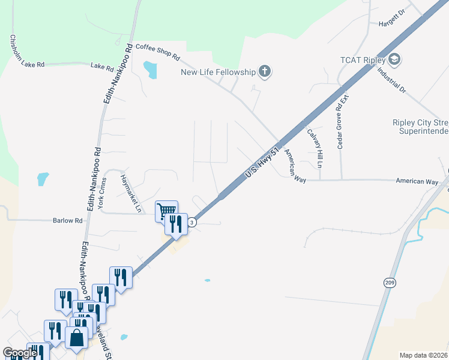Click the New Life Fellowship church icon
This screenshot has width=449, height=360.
click(265, 73)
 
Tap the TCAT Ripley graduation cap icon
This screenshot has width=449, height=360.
click(394, 59)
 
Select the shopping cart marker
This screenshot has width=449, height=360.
click(166, 210)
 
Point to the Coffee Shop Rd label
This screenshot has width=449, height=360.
click(158, 52)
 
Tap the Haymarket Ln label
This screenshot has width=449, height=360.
click(131, 194)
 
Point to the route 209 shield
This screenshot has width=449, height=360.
click(389, 283)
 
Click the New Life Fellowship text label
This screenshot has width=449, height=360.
click(218, 73)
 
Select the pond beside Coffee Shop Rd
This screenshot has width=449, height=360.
click(150, 70)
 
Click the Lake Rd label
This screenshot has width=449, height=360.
click(102, 68)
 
